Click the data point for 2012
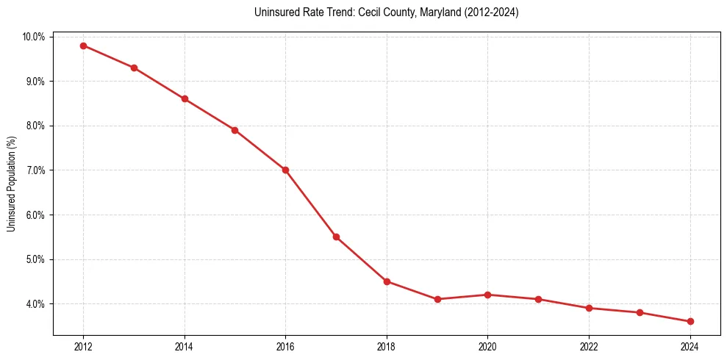coord(83,46)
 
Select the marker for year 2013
coord(134,68)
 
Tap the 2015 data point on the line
coord(234,130)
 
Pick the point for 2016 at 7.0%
coord(285,170)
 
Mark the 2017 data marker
coord(336,237)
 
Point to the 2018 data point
coord(387,281)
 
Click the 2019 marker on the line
coord(437,299)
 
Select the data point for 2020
coord(488,295)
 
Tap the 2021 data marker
coord(539,299)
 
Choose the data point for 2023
coord(640,312)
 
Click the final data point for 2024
coord(690,321)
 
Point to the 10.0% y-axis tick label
coord(34,37)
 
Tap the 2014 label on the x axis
coord(185,347)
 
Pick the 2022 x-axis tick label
coord(589,347)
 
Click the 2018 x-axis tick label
coord(387,347)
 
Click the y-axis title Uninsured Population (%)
coord(11,184)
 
